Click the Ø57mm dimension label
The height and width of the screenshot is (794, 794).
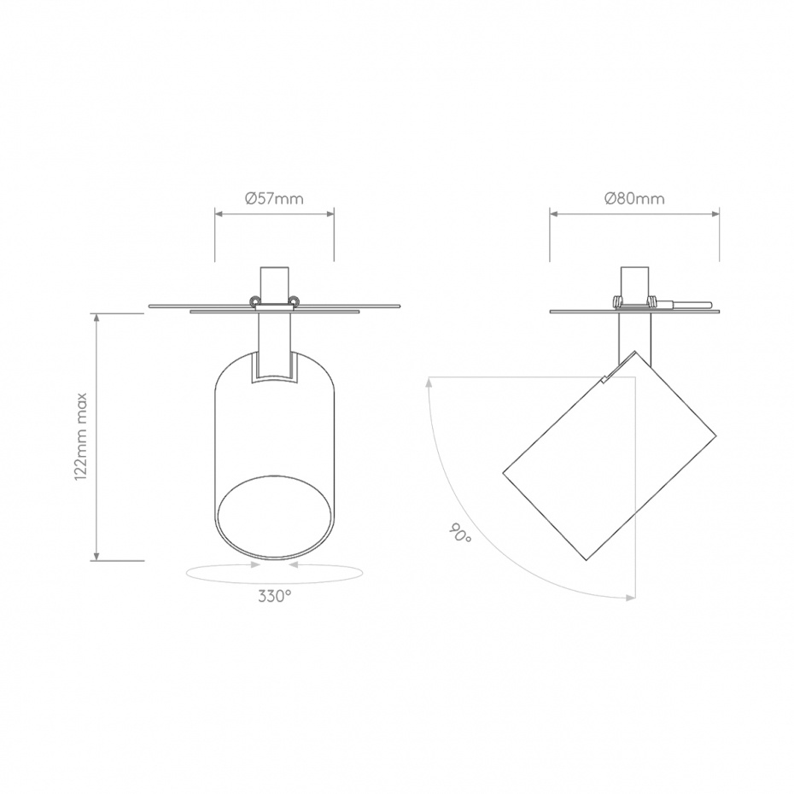pyautogui.click(x=274, y=199)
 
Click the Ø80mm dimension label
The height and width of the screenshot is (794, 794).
pyautogui.click(x=634, y=199)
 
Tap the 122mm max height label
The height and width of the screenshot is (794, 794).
pyautogui.click(x=82, y=437)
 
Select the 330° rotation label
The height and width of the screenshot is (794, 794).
pyautogui.click(x=274, y=597)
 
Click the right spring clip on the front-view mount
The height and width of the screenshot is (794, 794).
pyautogui.click(x=295, y=301)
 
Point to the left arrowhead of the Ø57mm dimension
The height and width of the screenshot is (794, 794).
pyautogui.click(x=219, y=213)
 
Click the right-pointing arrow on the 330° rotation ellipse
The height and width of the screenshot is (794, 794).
pyautogui.click(x=255, y=564)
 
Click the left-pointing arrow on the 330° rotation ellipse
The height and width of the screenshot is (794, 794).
pyautogui.click(x=293, y=564)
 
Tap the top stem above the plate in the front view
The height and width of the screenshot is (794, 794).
pyautogui.click(x=274, y=283)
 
